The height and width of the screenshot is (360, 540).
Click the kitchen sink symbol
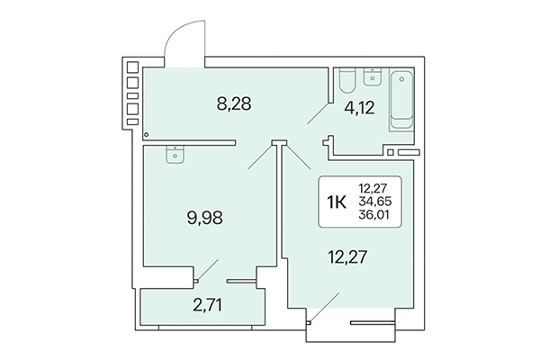(x=171, y=153)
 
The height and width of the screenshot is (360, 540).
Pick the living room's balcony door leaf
(x=319, y=306)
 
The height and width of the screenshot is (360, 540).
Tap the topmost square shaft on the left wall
(x=132, y=67)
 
